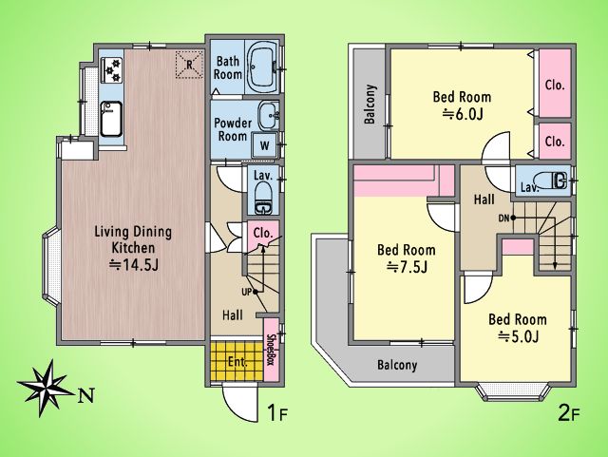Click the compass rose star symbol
pos(46,388)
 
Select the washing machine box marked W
pos(264,145)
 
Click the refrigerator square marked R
pos(189,65)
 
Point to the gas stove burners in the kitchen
pos(112,69)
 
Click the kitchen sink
pos(111,119)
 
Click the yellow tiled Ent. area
pos(237,362)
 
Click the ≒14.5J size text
pos(134,265)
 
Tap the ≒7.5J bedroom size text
pos(408,267)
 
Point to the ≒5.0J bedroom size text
pos(519,336)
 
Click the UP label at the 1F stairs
pos(247,292)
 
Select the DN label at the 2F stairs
pos(503,219)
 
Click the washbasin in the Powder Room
pos(268,115)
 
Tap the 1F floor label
pos(277,413)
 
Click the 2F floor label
pos(569,413)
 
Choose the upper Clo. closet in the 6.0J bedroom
pos(555,84)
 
